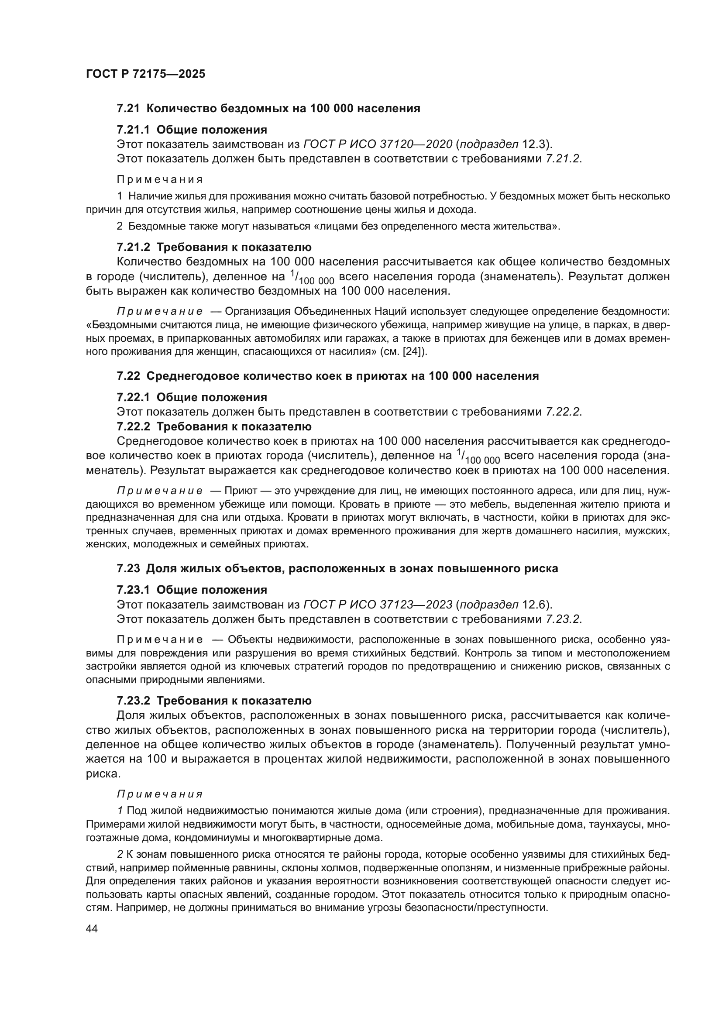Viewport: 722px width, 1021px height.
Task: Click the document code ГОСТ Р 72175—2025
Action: (x=145, y=74)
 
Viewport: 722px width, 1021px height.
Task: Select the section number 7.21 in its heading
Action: (x=128, y=108)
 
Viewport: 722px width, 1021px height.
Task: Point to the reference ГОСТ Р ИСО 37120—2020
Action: (x=378, y=144)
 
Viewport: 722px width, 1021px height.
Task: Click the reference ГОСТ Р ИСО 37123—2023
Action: (x=378, y=604)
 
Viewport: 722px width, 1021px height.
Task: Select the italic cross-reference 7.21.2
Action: (x=563, y=159)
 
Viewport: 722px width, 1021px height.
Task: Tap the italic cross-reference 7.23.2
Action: (x=563, y=619)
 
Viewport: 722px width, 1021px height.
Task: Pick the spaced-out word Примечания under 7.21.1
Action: (x=160, y=180)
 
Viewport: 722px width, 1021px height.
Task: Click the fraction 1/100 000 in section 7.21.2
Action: (x=312, y=278)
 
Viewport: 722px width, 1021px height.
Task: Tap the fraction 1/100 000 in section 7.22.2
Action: (x=478, y=457)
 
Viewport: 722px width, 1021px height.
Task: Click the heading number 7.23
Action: (x=128, y=568)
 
